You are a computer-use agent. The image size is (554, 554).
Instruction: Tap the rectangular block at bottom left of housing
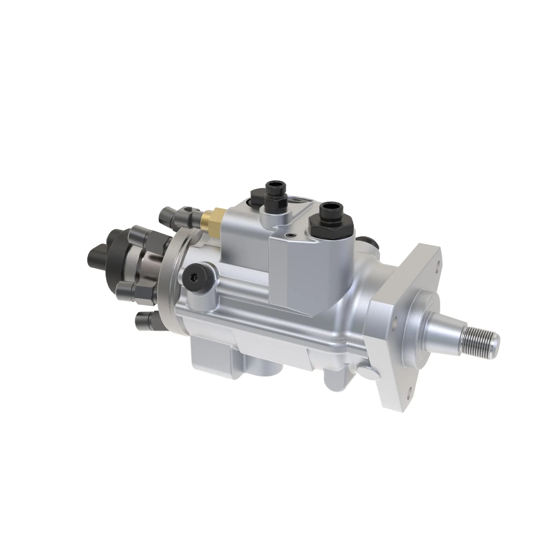coord(211,358)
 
